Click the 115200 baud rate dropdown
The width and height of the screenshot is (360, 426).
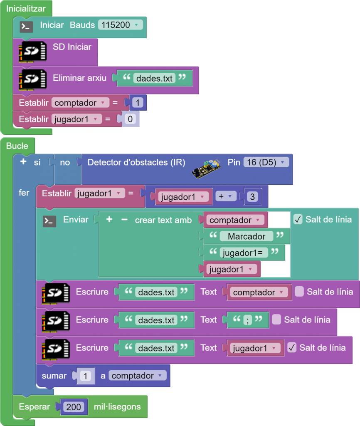(120, 25)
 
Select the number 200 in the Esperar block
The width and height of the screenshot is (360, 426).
(74, 407)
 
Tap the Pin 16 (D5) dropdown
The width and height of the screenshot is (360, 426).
(266, 162)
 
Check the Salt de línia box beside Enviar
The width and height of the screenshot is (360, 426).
(298, 219)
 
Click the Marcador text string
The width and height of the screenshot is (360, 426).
(246, 236)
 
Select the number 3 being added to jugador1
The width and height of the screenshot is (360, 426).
(252, 196)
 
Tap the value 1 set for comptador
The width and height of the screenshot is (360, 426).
(137, 103)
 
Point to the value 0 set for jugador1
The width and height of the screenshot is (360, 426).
(130, 119)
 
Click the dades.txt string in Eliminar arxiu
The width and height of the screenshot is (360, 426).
(154, 78)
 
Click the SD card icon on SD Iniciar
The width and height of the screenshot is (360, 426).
(32, 52)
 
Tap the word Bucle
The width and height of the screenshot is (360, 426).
(17, 146)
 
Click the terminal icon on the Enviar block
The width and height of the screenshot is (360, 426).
(49, 221)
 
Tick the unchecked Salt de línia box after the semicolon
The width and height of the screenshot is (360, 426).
(276, 319)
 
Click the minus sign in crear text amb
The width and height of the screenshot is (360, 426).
(124, 219)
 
